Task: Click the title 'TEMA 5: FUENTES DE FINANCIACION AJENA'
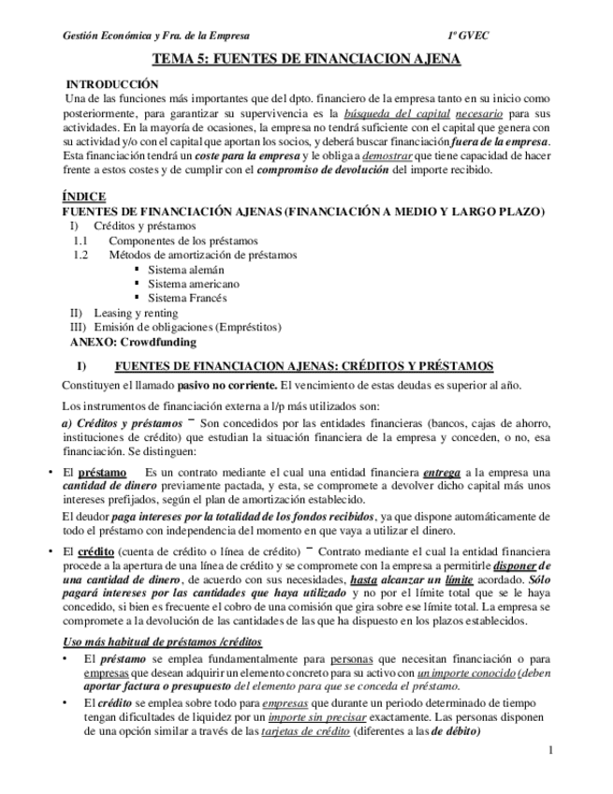[306, 58]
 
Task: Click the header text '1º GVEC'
[468, 35]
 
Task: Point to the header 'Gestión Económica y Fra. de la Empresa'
[155, 35]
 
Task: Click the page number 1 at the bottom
[551, 750]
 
